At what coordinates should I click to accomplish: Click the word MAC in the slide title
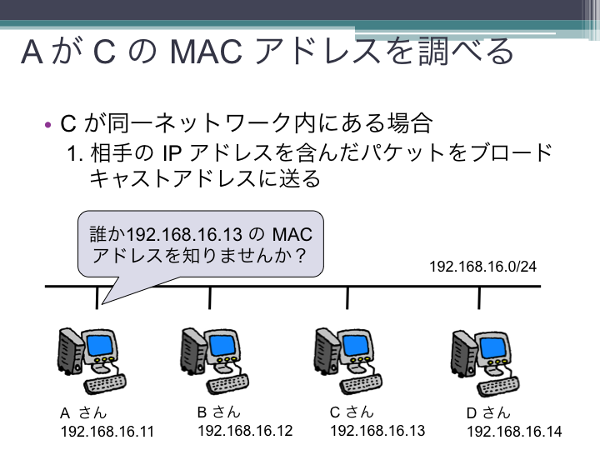click(206, 52)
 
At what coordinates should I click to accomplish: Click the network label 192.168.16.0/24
click(482, 267)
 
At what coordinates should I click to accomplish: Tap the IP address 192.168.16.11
click(107, 432)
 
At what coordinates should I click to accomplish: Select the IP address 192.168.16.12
click(245, 431)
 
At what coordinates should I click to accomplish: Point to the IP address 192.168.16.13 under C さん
click(377, 431)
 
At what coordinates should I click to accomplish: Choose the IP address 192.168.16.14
click(514, 432)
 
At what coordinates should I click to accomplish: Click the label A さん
click(83, 412)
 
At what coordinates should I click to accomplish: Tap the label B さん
click(219, 412)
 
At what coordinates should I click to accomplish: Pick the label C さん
click(352, 412)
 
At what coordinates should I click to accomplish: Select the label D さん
click(488, 412)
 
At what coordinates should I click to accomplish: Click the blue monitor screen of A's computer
click(100, 345)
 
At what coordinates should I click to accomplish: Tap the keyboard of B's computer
click(228, 383)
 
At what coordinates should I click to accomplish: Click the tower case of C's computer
click(325, 350)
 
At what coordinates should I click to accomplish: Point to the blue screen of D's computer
click(492, 348)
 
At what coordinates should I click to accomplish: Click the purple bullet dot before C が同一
click(47, 125)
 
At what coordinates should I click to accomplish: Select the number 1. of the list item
click(75, 154)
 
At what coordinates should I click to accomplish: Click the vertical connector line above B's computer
click(210, 297)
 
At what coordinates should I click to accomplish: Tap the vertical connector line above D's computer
click(478, 297)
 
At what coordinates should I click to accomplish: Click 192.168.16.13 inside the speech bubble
click(184, 234)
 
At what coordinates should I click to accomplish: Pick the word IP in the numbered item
click(172, 153)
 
